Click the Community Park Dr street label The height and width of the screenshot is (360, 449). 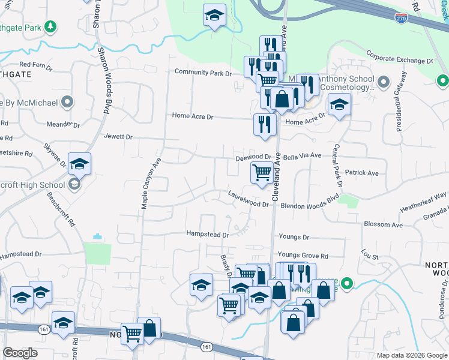pyautogui.click(x=202, y=73)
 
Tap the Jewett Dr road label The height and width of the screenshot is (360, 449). pyautogui.click(x=118, y=137)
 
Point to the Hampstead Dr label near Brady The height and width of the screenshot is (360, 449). pyautogui.click(x=208, y=234)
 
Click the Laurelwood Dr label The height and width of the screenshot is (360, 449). pyautogui.click(x=248, y=199)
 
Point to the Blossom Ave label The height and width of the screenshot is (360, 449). pyautogui.click(x=382, y=224)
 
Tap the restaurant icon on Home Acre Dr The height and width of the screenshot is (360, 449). pyautogui.click(x=264, y=124)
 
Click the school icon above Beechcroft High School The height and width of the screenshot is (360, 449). pyautogui.click(x=79, y=163)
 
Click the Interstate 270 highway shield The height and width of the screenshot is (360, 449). pyautogui.click(x=402, y=19)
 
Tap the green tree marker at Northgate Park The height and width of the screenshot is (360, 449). pyautogui.click(x=51, y=26)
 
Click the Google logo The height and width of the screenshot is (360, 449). pyautogui.click(x=20, y=353)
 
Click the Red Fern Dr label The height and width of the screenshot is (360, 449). pyautogui.click(x=36, y=64)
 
